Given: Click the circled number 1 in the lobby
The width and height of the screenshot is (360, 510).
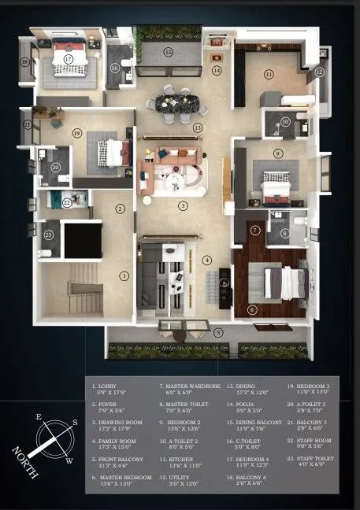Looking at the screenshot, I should coord(124,275).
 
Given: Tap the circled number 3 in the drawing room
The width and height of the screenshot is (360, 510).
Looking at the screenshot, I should coord(182,206).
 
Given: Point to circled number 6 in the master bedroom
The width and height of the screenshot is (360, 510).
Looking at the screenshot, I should coord(251,310).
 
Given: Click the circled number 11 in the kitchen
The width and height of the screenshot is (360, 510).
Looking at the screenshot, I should coord(269,74).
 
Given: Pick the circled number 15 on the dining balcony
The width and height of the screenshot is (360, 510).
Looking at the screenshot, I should coord(168,52).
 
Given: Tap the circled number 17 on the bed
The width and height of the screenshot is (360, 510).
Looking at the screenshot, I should coord(69,59).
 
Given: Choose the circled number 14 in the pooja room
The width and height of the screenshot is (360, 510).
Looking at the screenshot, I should coord(216,70).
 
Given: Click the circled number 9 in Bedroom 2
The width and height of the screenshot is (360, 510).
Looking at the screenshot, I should coord(277,153).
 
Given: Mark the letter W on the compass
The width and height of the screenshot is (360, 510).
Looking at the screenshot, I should coord(69,461).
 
